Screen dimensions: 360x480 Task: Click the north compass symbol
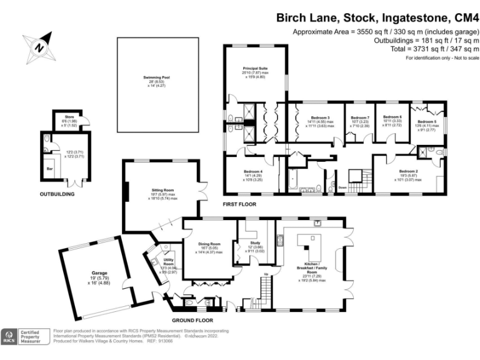pos(41,47)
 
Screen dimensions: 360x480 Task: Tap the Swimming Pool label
pos(156,77)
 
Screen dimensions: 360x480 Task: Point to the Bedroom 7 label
pos(360,117)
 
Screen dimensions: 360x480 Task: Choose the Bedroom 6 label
pos(392,116)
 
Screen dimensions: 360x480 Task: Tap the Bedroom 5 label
pos(427,121)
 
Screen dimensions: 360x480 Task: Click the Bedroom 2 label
pos(408,171)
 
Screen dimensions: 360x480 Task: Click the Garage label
pos(96,273)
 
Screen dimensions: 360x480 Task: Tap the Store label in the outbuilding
pos(70,116)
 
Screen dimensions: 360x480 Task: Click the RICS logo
pos(9,337)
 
